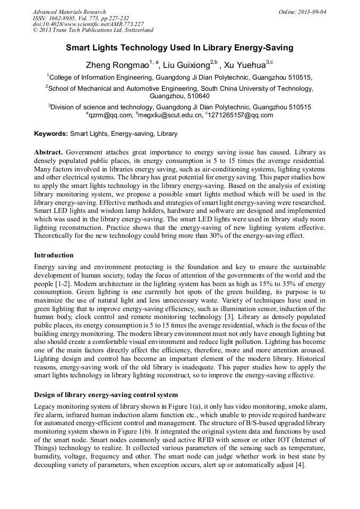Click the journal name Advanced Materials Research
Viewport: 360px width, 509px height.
pos(69,12)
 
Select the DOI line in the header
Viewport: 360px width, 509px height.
pos(88,24)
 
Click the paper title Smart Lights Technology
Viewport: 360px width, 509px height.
pos(179,48)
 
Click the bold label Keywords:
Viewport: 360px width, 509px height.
pos(51,134)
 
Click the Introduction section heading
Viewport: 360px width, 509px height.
pos(54,255)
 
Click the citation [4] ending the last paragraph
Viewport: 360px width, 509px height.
pos(299,465)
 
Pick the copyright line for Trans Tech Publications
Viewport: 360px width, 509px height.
pos(93,31)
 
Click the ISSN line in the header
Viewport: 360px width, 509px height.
pos(81,18)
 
